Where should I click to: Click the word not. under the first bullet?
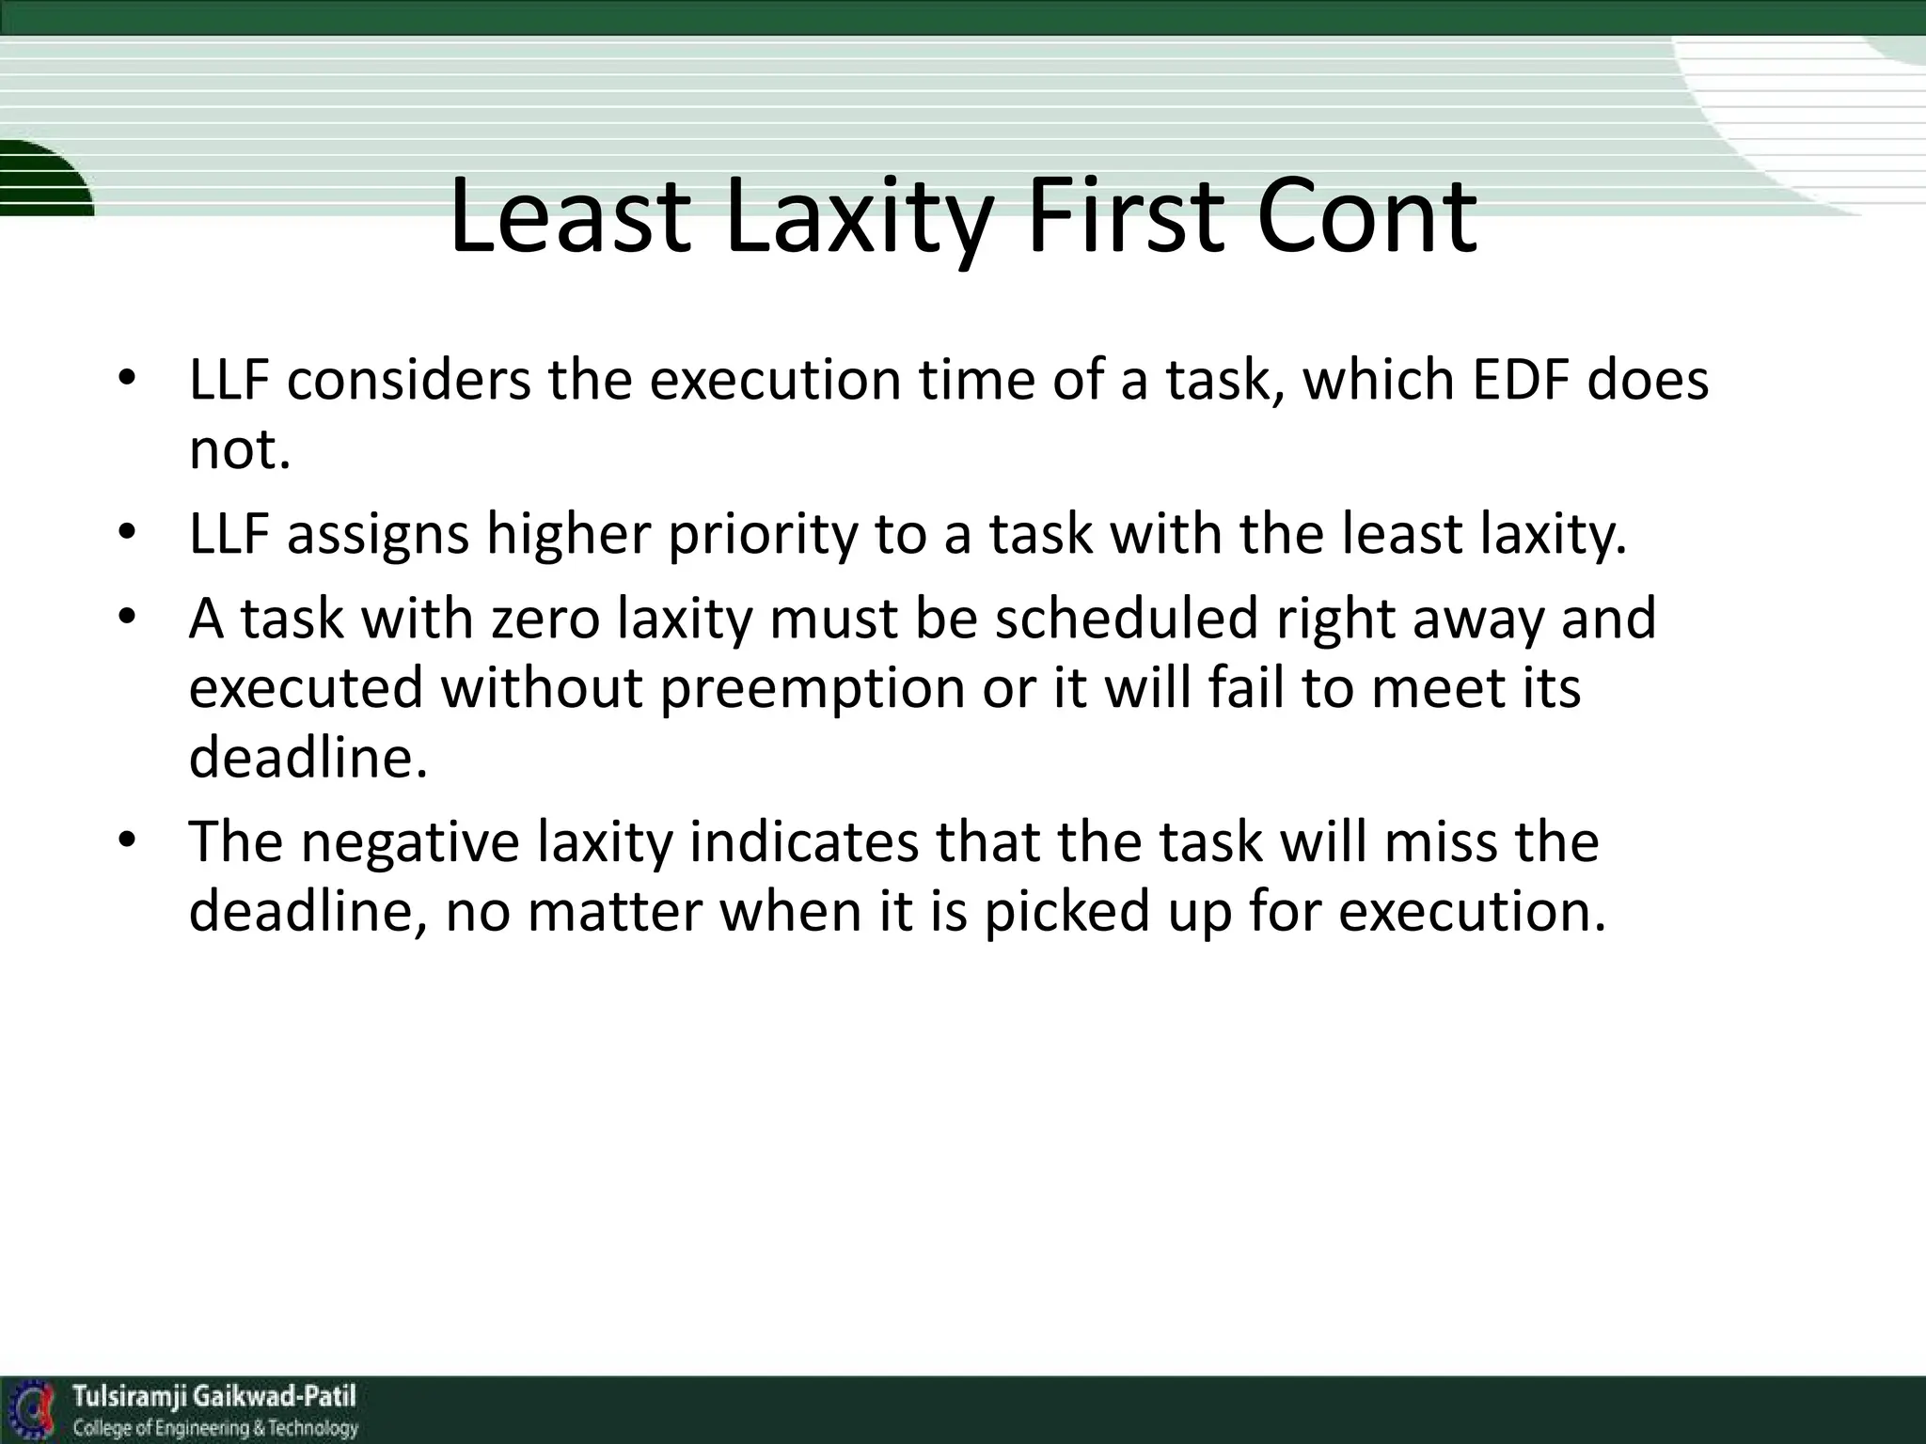pos(239,450)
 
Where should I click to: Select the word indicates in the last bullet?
pos(803,841)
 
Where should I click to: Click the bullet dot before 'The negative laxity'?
pos(128,839)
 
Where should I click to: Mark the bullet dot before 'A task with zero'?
pos(128,617)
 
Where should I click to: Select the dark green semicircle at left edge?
pos(38,179)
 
